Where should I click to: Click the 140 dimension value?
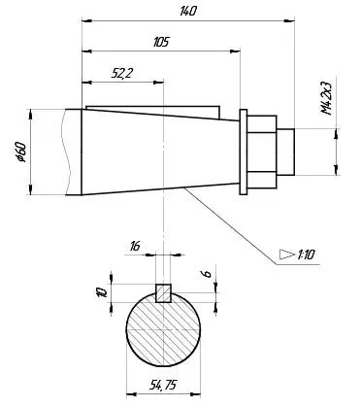188,12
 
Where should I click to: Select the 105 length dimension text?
161,42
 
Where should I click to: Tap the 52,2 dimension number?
122,74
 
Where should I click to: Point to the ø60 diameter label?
21,152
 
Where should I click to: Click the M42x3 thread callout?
327,98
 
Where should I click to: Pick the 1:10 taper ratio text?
306,254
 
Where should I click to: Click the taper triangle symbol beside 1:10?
287,254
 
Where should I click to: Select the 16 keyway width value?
135,247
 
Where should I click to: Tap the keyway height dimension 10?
102,292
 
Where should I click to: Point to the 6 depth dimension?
208,274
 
